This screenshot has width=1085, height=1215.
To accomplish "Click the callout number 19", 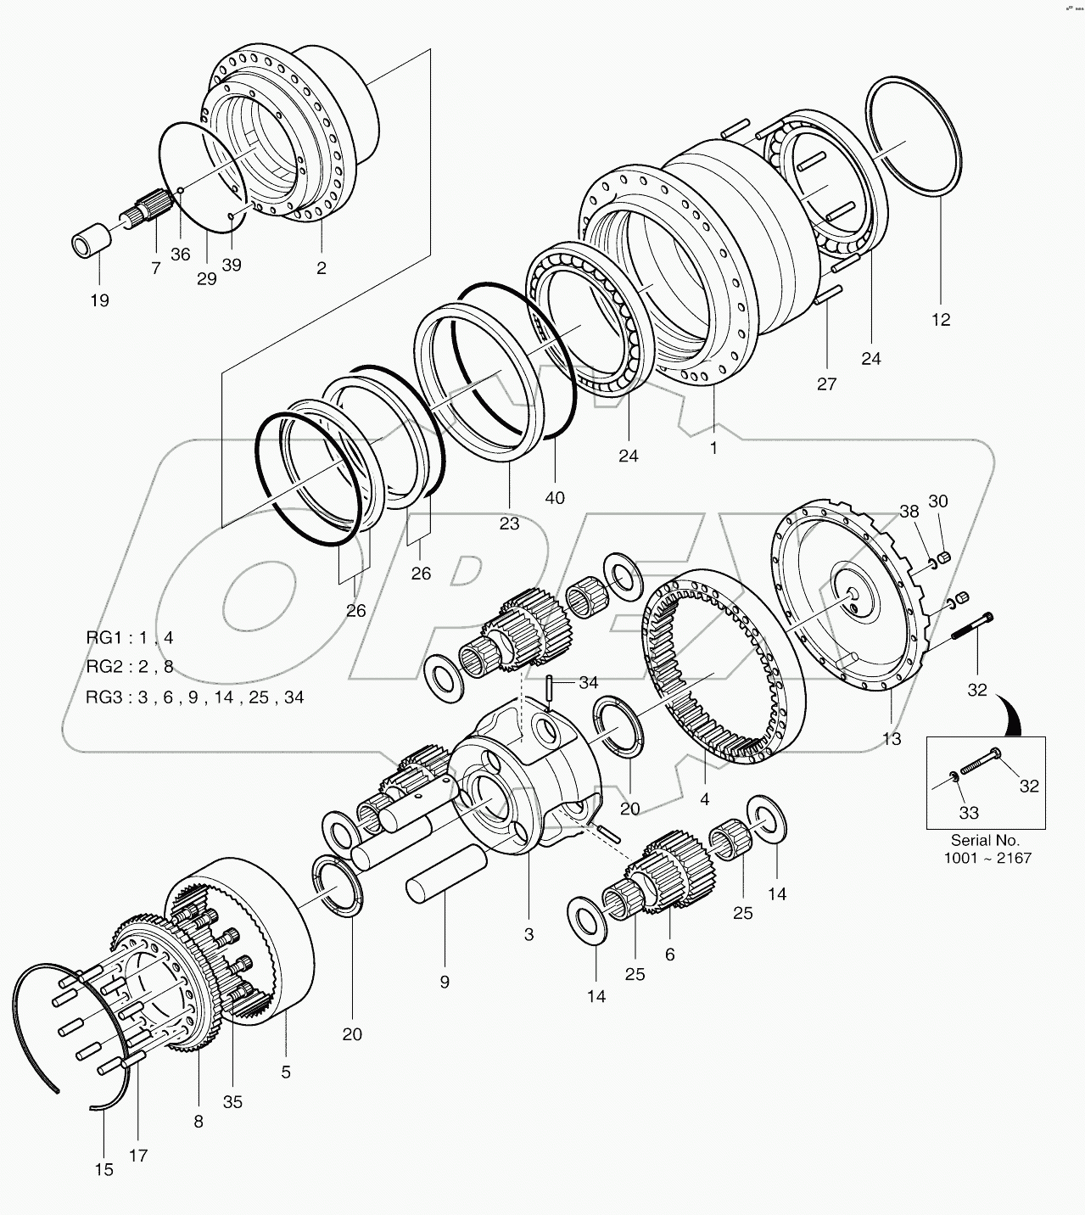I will coord(99,300).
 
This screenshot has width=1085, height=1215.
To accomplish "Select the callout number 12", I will coord(940,320).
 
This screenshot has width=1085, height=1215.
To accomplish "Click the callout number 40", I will coord(554,498).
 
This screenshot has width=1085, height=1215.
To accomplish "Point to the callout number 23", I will coord(509,524).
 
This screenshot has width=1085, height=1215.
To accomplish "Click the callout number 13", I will coord(892,739).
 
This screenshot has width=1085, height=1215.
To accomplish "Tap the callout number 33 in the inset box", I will coord(969,812).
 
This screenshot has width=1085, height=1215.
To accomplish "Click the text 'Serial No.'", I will coord(987,839).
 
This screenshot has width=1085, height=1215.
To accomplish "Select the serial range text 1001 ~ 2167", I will coord(987,858).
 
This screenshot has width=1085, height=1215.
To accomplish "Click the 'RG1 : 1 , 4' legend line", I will coord(130,637).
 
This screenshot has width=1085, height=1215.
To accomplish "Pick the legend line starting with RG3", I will coord(194,697).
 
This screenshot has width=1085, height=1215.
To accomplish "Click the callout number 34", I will coord(589,682).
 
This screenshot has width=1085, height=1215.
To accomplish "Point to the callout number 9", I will coord(445,982).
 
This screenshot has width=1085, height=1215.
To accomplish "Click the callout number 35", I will coord(232,1101).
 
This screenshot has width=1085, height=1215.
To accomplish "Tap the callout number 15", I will coord(103,1169).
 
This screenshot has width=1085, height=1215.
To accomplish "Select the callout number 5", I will coord(286,1072).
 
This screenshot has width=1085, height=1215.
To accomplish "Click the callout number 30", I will coord(937,501).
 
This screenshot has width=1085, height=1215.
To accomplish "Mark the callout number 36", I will coord(181,254).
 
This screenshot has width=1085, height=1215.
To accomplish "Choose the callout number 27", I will coord(827,384).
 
